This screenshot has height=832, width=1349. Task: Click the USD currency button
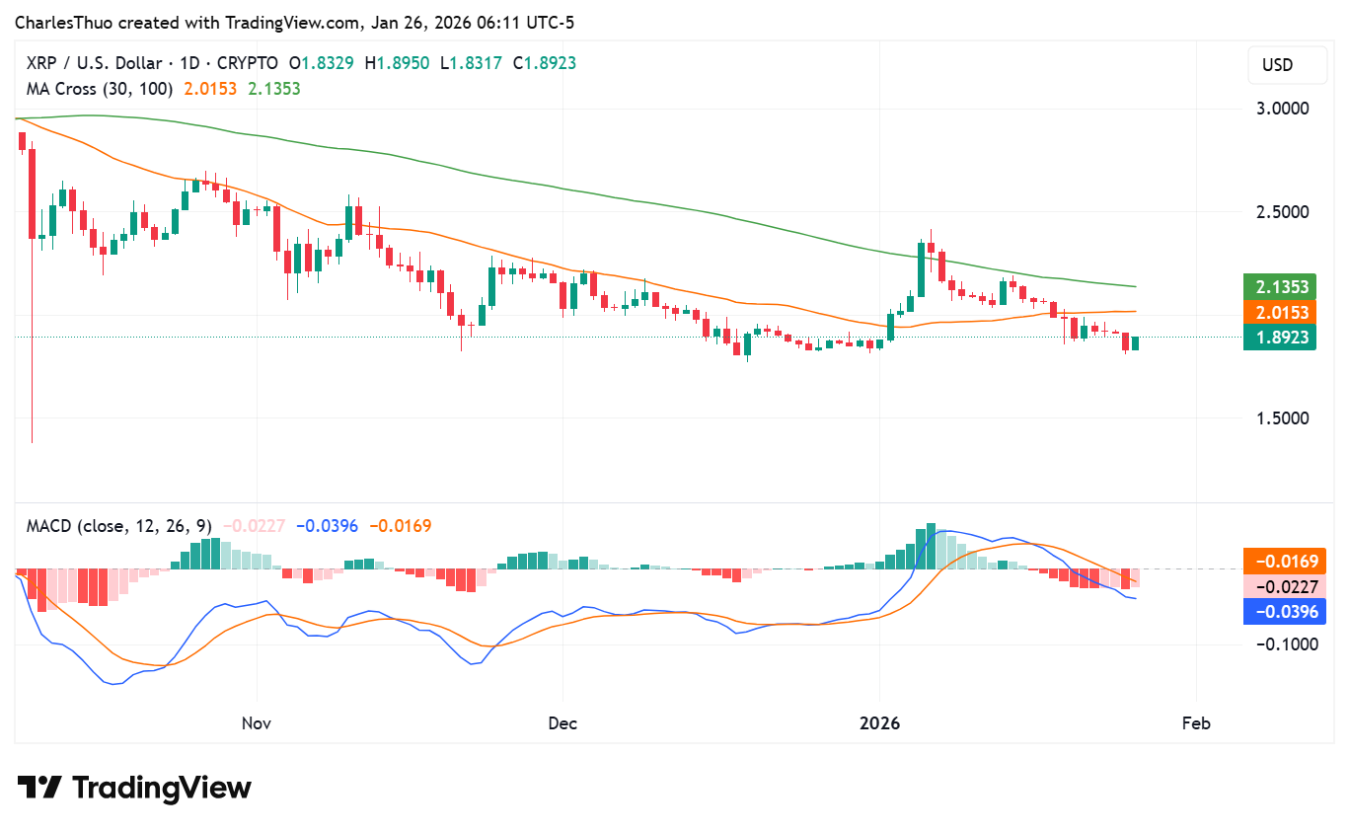pyautogui.click(x=1277, y=66)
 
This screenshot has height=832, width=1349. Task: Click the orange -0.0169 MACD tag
pyautogui.click(x=1286, y=561)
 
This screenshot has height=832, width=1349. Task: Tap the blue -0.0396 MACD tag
pyautogui.click(x=1286, y=612)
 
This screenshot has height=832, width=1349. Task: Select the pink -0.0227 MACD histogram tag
pyautogui.click(x=1286, y=586)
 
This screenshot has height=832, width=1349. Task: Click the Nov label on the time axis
pyautogui.click(x=257, y=723)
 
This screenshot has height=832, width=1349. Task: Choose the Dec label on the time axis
pyautogui.click(x=562, y=723)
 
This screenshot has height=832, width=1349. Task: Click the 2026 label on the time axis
pyautogui.click(x=880, y=723)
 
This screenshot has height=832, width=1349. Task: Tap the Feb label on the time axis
pyautogui.click(x=1196, y=723)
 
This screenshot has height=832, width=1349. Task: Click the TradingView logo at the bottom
pyautogui.click(x=134, y=788)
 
